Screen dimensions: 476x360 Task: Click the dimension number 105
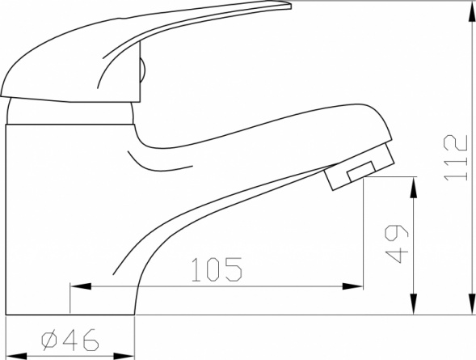(217, 269)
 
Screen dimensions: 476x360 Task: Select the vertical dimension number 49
(397, 244)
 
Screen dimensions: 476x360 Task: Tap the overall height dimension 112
(456, 158)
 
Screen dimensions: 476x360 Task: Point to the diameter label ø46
(70, 340)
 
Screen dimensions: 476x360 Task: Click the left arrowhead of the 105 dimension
(81, 286)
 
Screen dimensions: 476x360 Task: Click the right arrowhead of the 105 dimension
(352, 286)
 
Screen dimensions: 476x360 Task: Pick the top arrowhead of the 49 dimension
(413, 188)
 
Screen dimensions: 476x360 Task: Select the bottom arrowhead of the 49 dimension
(413, 304)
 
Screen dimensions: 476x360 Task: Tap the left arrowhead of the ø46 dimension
(16, 356)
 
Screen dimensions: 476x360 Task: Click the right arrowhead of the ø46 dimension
(124, 356)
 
